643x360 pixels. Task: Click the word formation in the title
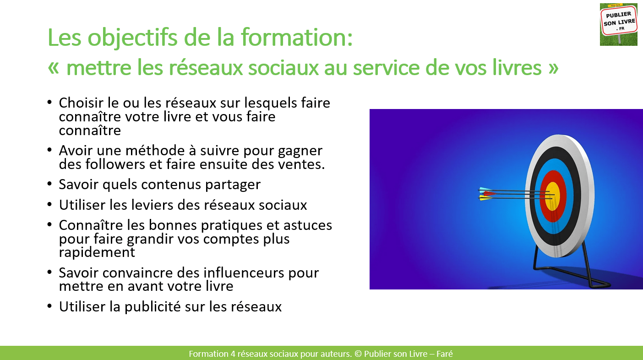[296, 37]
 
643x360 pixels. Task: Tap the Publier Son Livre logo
[619, 24]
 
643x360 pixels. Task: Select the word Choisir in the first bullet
[81, 103]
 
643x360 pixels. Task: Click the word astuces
[308, 225]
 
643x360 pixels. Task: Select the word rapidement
[97, 253]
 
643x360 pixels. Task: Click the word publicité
[152, 306]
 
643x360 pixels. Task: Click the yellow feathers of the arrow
[485, 198]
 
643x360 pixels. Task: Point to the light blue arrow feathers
[484, 190]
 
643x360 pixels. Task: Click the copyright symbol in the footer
[358, 354]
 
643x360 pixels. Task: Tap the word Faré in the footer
[444, 354]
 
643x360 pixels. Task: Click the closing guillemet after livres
[553, 68]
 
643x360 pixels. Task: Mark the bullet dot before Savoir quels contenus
[49, 184]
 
